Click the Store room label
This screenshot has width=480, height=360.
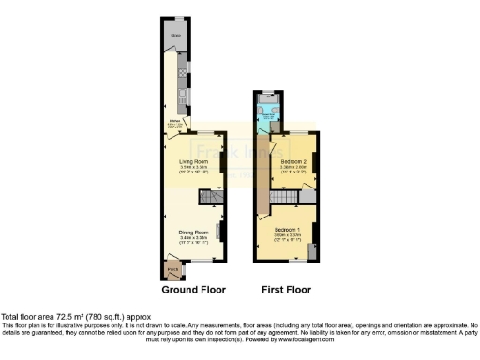tap(174, 37)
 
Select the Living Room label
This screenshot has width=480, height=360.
tap(193, 161)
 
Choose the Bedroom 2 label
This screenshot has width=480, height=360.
tap(293, 163)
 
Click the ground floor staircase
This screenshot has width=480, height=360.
tap(209, 198)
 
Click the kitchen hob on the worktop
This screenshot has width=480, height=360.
tap(182, 70)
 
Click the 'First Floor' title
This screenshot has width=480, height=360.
tap(288, 290)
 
